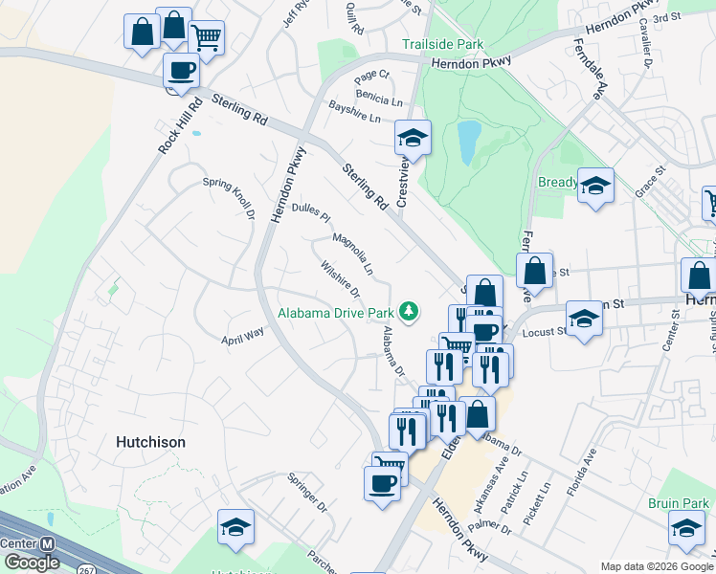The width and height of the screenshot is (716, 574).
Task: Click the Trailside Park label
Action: [442, 45]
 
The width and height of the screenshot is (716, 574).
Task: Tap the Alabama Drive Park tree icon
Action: [410, 311]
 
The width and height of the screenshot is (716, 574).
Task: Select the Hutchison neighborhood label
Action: [150, 442]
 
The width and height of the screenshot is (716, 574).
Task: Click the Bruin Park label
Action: [677, 503]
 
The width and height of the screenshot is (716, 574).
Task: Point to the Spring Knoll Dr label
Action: [229, 200]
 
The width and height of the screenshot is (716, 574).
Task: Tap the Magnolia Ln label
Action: [352, 255]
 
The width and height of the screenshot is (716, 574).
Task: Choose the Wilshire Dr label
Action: [340, 278]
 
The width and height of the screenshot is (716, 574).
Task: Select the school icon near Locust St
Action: [584, 317]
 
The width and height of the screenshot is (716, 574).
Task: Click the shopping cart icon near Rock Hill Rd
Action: [207, 37]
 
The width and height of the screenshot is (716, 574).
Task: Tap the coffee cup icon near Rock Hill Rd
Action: [181, 69]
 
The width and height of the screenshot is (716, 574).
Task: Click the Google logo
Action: [31, 563]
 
